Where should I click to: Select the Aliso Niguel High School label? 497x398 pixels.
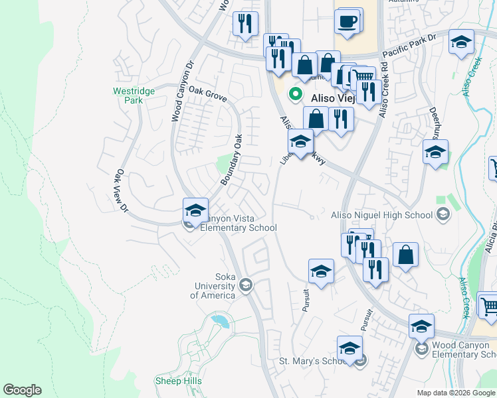(383, 214)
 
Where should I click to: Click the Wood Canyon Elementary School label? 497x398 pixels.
(464, 350)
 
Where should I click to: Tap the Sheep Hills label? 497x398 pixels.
(177, 381)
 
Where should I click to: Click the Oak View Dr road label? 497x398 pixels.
(122, 190)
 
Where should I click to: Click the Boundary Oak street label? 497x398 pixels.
(231, 160)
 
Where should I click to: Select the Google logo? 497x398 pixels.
(22, 390)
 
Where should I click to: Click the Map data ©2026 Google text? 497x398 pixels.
(455, 393)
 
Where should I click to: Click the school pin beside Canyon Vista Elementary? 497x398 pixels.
(195, 211)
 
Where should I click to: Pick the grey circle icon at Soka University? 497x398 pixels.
(245, 285)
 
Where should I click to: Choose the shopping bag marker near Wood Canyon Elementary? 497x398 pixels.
(405, 256)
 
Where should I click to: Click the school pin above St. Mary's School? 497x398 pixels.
(349, 348)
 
